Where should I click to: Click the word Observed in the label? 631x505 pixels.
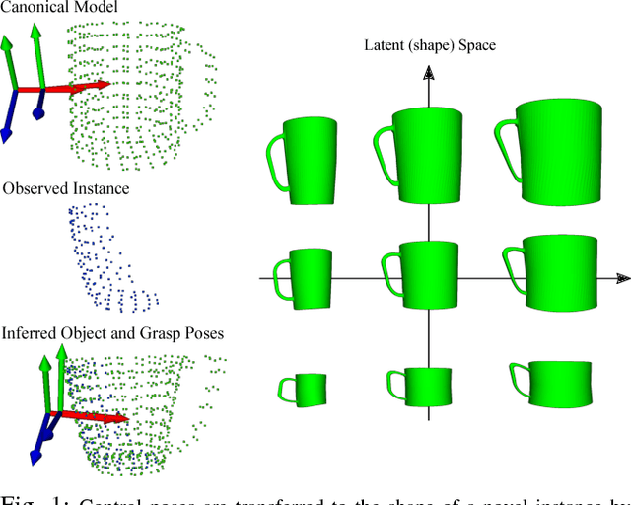tap(34, 188)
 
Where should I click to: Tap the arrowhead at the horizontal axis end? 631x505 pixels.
tap(621, 279)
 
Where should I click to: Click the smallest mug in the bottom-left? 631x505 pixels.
tap(303, 388)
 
